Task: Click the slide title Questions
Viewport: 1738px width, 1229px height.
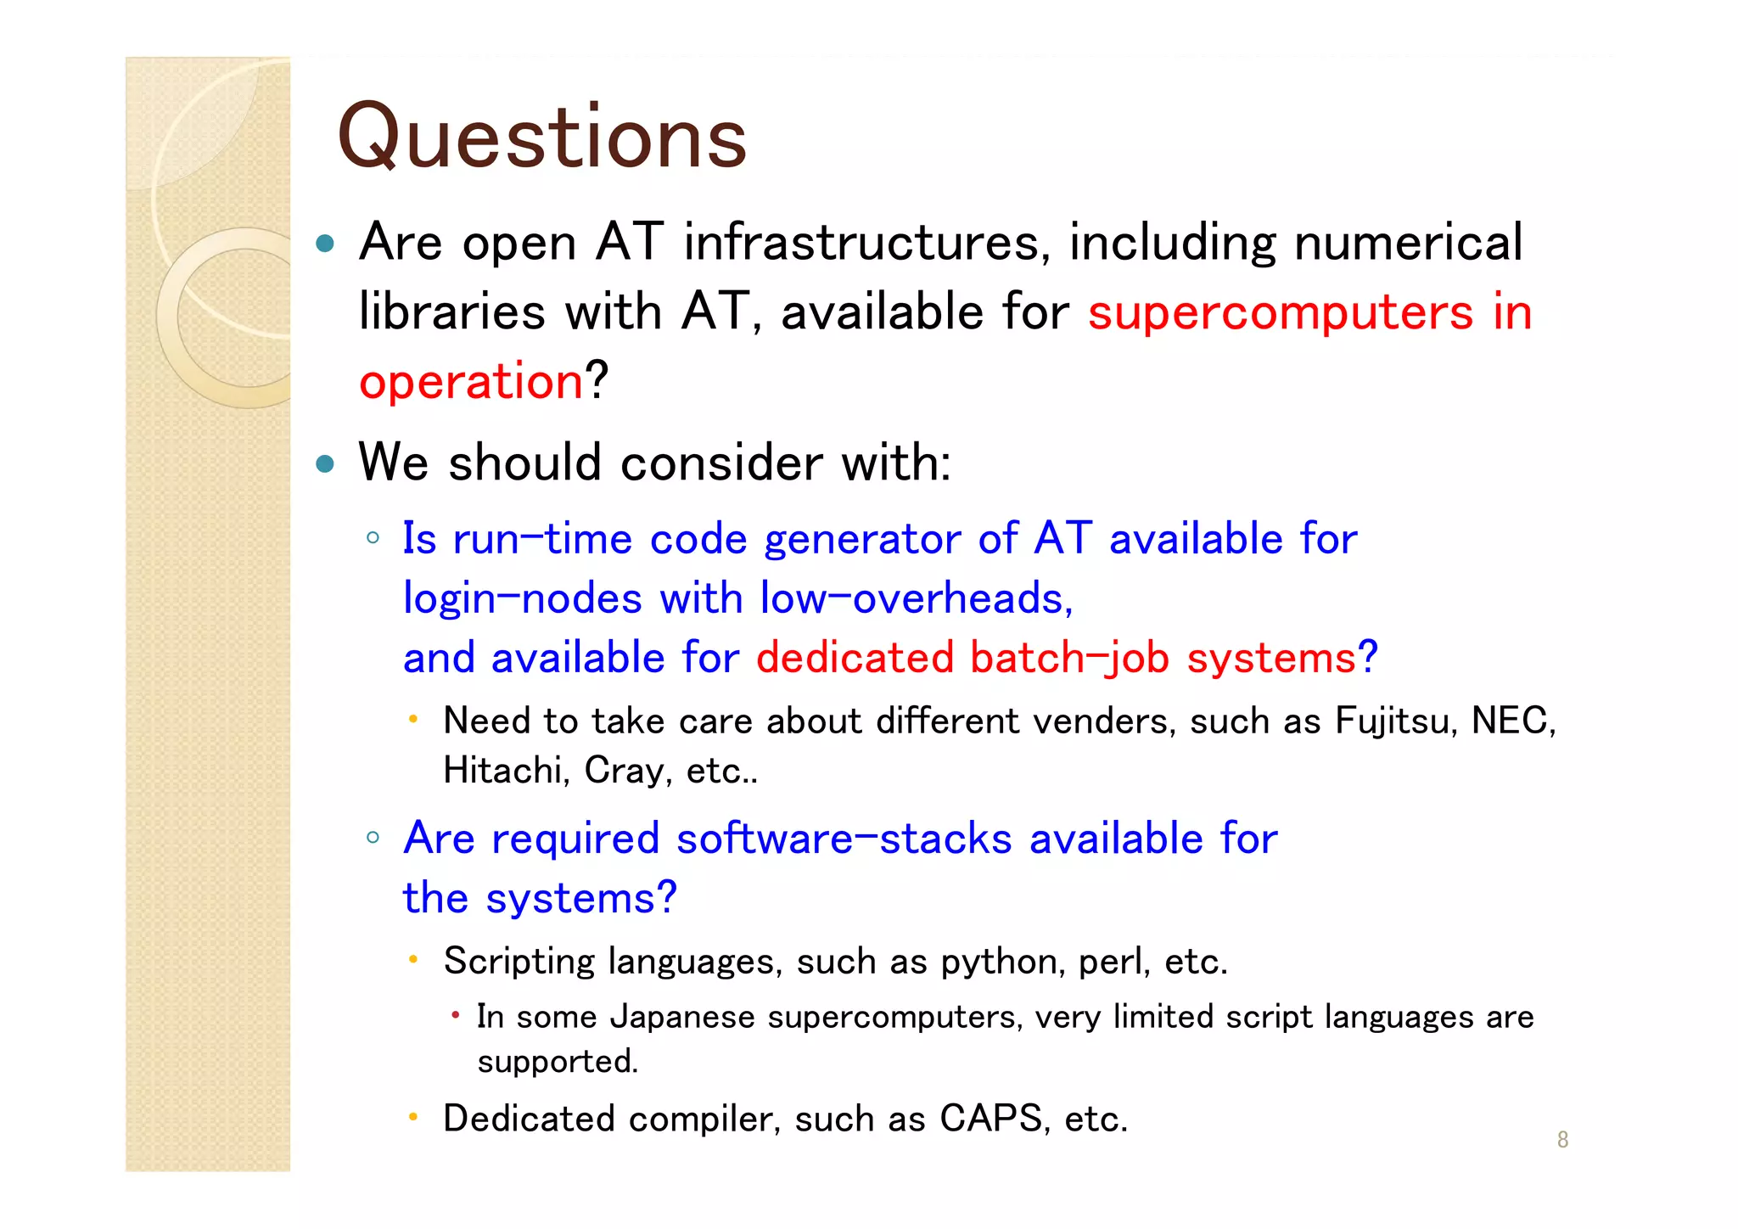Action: pos(541,137)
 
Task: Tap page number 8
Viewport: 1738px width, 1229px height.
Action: pos(1562,1140)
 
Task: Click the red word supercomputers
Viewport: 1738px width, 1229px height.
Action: pos(1280,313)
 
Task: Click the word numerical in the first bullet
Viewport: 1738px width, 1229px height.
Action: pos(1408,243)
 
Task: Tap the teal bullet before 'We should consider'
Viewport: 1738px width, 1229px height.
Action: pos(325,463)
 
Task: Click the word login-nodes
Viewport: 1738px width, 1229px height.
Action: pos(522,599)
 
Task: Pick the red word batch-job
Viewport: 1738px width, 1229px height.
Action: pos(1069,659)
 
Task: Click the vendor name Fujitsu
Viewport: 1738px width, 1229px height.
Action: pos(1395,721)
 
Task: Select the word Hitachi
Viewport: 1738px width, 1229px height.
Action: pos(506,771)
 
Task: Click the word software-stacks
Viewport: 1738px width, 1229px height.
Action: pos(844,839)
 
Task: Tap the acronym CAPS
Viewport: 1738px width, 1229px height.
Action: pos(990,1119)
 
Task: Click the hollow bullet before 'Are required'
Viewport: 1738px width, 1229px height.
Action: pos(373,838)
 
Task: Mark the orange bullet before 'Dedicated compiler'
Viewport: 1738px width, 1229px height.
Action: pos(412,1117)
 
